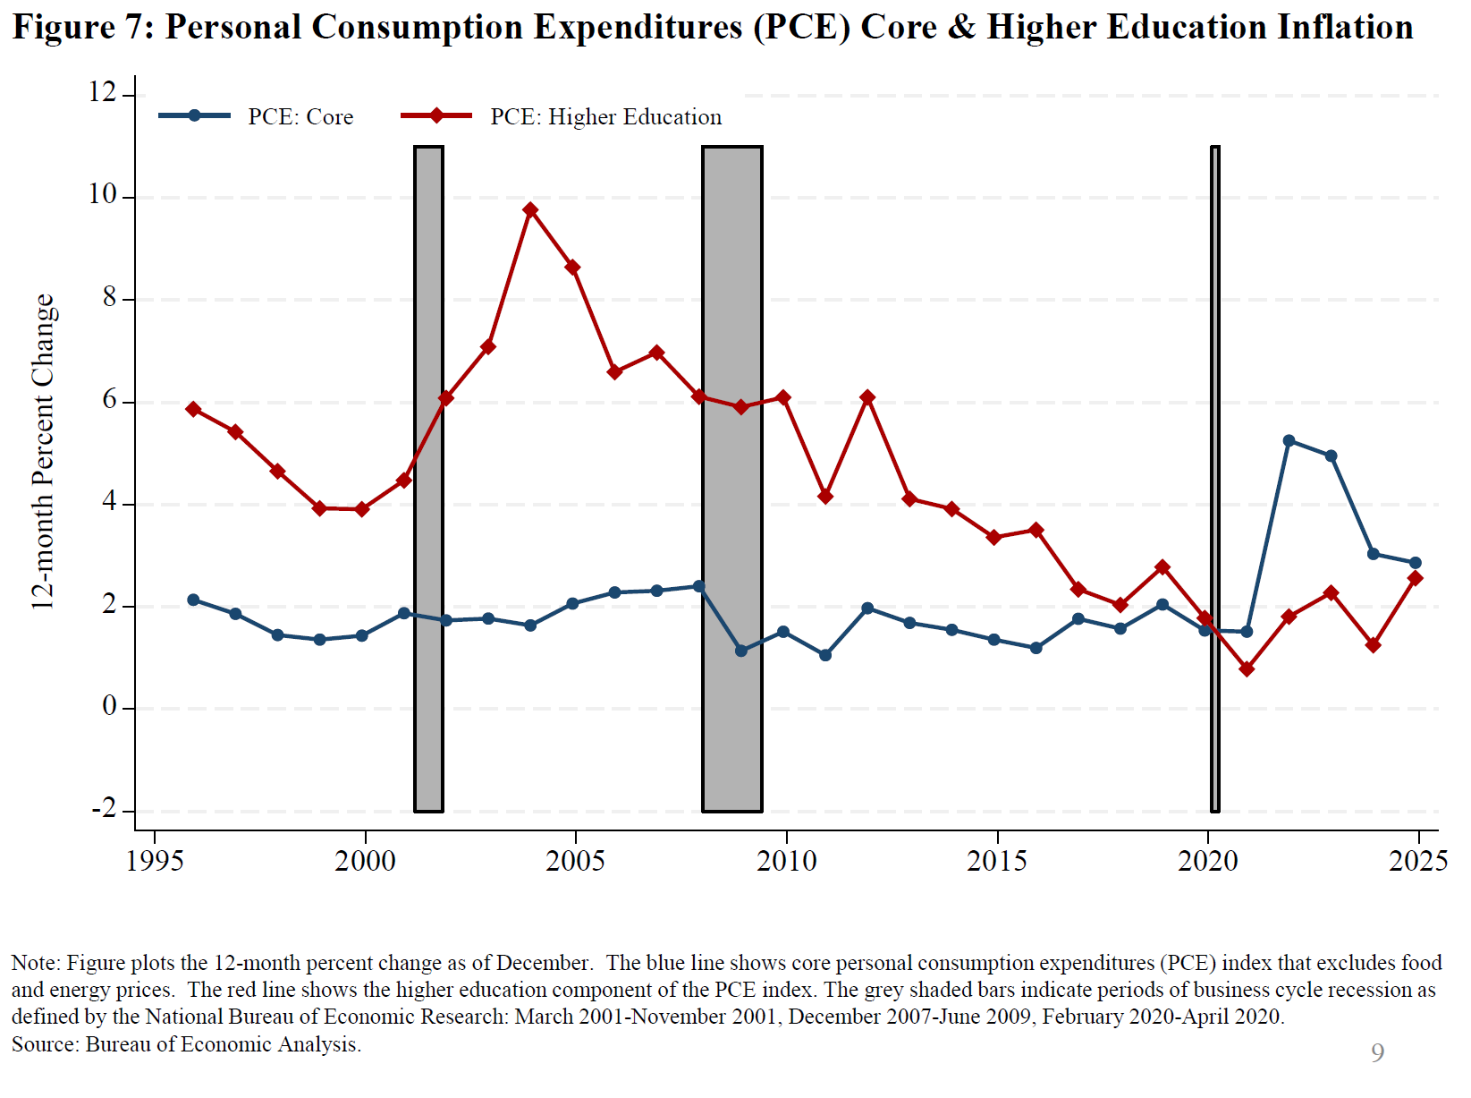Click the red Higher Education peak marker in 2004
530,210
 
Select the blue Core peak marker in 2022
1289,441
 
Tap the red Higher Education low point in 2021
1247,668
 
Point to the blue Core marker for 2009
741,651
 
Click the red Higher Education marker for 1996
193,409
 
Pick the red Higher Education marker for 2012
867,397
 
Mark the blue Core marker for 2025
1415,563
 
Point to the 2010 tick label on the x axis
786,861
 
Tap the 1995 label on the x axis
155,861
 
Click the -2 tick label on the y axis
105,809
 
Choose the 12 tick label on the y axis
103,92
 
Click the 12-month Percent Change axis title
43,452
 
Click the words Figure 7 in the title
83,28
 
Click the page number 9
1377,1052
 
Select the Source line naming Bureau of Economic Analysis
186,1044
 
